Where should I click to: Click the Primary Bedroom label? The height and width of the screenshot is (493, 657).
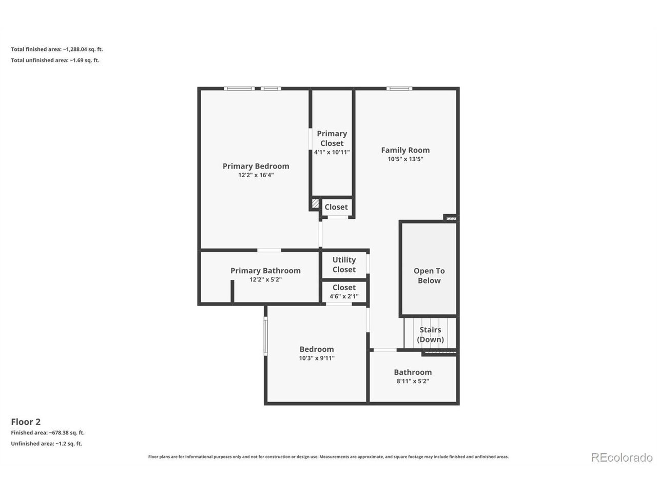[x=256, y=166]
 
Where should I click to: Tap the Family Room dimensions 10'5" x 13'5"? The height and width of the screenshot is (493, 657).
[x=405, y=159]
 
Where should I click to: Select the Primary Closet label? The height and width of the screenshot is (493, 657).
[x=332, y=138]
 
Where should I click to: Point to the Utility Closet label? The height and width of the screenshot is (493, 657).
[x=344, y=264]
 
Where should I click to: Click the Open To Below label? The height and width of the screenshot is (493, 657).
[x=429, y=276]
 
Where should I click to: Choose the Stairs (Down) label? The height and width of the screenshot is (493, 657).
[x=430, y=335]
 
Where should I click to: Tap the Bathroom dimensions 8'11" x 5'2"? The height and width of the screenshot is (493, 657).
[x=413, y=381]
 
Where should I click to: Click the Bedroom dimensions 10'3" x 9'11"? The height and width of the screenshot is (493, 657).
[x=317, y=358]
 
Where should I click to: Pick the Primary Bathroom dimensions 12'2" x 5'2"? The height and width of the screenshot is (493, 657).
[x=265, y=279]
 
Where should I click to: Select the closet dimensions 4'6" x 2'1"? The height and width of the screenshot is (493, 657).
[x=344, y=296]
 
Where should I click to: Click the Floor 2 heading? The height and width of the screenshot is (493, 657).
[x=26, y=422]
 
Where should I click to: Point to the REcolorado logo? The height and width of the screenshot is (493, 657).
[x=622, y=458]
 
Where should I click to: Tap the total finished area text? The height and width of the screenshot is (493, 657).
[x=57, y=49]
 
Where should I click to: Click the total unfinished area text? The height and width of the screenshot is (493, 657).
[x=55, y=60]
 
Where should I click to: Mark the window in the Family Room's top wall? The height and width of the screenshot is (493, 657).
[x=399, y=89]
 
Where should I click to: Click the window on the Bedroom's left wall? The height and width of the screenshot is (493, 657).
[x=265, y=336]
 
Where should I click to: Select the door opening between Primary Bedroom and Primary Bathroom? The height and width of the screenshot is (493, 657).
[x=269, y=250]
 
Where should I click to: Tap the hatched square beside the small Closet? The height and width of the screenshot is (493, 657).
[x=315, y=203]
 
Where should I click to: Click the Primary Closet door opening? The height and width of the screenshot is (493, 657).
[x=311, y=139]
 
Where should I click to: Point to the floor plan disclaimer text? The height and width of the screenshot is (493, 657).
[x=328, y=457]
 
